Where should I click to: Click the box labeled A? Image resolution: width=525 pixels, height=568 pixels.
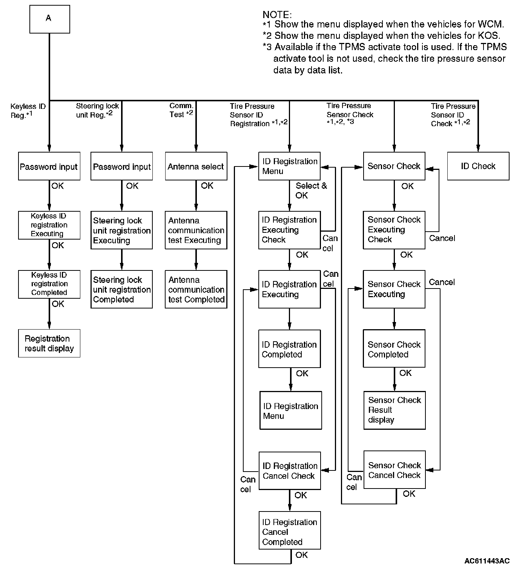(x=49, y=19)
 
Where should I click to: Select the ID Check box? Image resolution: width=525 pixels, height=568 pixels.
(x=478, y=166)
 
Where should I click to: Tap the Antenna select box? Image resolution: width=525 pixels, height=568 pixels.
(x=196, y=166)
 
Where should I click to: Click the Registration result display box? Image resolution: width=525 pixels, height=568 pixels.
(x=49, y=343)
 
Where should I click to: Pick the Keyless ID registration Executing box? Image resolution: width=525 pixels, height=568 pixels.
(x=49, y=225)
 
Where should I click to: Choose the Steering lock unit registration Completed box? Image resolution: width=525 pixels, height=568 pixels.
(x=121, y=289)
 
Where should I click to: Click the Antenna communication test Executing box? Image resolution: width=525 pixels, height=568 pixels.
(x=196, y=230)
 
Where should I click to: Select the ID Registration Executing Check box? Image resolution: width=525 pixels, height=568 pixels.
(x=289, y=230)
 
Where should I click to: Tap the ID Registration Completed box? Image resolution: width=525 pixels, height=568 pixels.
(x=289, y=349)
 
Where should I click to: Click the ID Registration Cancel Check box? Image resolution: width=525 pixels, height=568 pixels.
(x=289, y=471)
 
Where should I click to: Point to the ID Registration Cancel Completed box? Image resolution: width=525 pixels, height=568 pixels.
(x=289, y=530)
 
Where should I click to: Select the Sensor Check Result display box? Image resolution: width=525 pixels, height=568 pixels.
(x=394, y=410)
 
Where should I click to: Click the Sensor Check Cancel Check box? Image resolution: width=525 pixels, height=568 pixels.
(x=394, y=470)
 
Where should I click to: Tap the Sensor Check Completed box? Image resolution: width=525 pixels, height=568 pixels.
(x=394, y=349)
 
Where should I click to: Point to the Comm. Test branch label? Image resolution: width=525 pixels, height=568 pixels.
(x=181, y=110)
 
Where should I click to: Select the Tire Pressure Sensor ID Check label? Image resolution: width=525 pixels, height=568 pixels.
(x=453, y=115)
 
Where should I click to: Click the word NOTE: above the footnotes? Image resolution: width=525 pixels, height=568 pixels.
(x=277, y=15)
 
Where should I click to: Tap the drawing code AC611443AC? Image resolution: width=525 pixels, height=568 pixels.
(x=487, y=561)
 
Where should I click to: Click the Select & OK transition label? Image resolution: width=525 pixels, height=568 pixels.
(x=311, y=191)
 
